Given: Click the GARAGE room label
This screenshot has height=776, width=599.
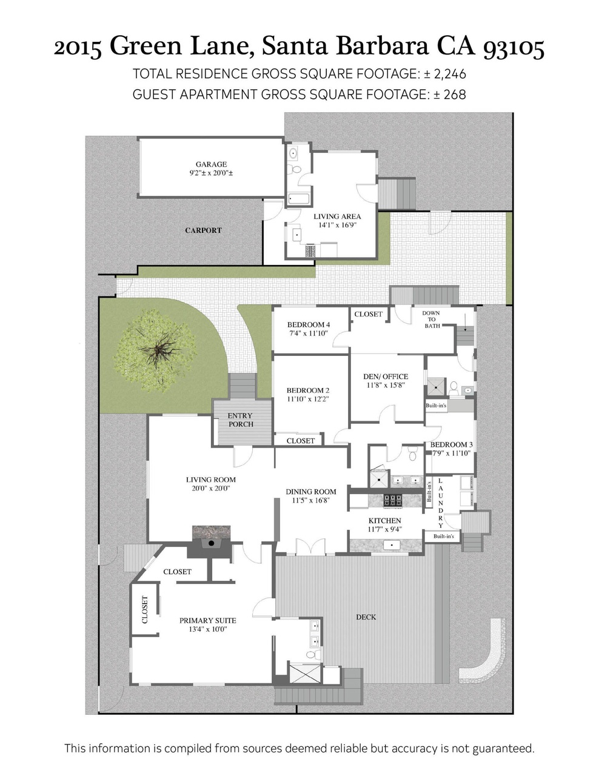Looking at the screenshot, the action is (211, 164).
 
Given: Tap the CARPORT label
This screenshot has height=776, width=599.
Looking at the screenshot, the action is (203, 230).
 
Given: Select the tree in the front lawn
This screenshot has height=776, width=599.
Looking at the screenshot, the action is (155, 350).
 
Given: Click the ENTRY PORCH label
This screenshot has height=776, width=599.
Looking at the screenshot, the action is (240, 420).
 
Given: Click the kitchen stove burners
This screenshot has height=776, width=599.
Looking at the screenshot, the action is (393, 500).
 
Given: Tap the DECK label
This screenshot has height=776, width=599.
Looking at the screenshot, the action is (366, 617).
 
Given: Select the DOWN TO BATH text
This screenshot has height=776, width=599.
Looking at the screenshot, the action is (432, 319).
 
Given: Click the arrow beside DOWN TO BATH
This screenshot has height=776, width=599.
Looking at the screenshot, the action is (465, 326).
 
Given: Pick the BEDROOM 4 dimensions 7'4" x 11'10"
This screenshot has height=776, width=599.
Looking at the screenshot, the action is (308, 333).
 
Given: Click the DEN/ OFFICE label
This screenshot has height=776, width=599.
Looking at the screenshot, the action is (386, 376).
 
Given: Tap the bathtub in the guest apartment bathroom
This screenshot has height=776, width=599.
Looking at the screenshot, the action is (299, 199).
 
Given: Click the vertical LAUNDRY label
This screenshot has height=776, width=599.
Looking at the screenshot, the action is (441, 503).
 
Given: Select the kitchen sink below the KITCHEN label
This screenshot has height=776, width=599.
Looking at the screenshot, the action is (392, 545).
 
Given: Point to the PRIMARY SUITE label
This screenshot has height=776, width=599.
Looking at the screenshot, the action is (208, 621).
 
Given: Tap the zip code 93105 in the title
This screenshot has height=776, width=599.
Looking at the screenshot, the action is (514, 47).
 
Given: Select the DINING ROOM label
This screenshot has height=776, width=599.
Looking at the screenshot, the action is (311, 492).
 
